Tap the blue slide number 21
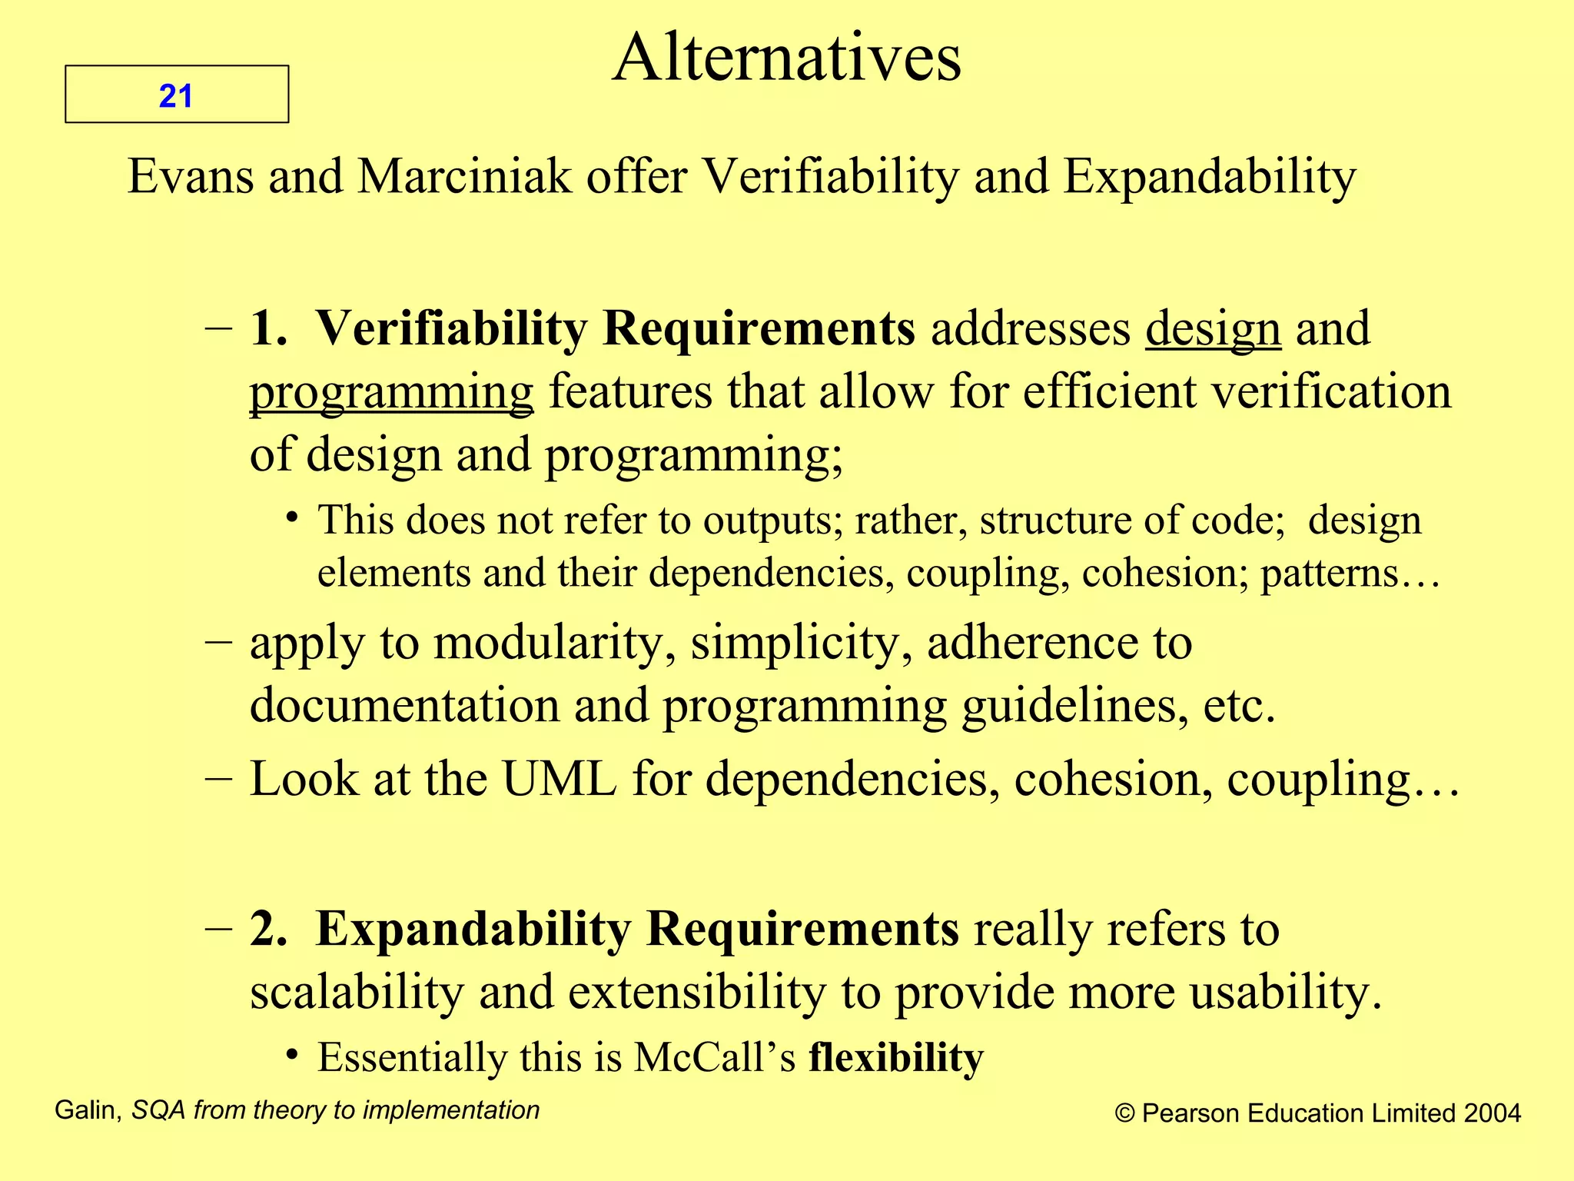175,96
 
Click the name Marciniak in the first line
464,177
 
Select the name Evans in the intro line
190,177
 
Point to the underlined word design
1213,330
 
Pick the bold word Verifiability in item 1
451,329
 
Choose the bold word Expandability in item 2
473,930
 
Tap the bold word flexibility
896,1058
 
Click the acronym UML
559,780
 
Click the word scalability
357,993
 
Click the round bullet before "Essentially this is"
291,1054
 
